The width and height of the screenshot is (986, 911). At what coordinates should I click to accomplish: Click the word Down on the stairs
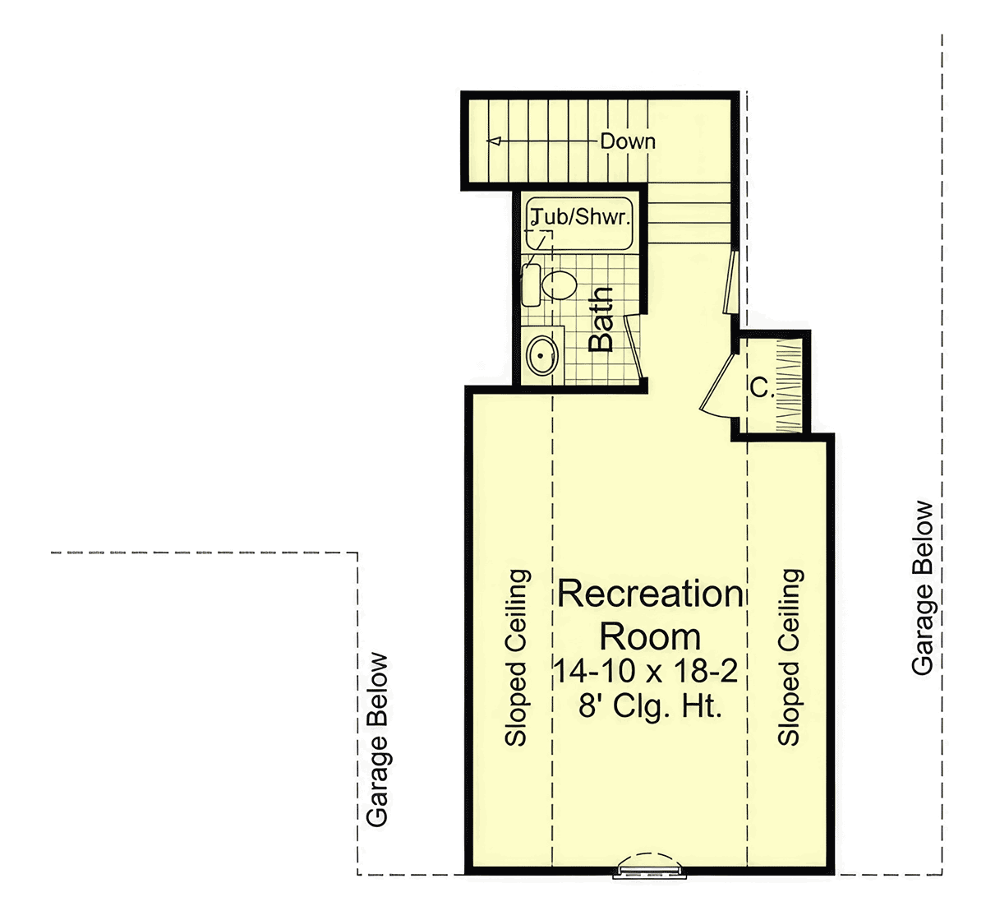coord(628,141)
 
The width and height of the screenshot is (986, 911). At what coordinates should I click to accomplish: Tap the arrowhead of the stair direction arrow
coord(494,141)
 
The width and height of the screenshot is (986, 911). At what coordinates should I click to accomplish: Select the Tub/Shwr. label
coord(580,217)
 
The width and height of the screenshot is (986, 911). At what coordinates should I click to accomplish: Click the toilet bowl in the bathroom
coord(559,284)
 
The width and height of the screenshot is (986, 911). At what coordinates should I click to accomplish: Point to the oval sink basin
coord(542,355)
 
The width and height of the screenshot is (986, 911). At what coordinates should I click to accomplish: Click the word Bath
coord(601,320)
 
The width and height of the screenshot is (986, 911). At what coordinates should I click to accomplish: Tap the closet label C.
coord(761,388)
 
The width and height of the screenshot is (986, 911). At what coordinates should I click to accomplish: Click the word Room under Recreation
coord(650,636)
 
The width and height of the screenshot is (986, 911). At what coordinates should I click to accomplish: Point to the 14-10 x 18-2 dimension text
coord(645,671)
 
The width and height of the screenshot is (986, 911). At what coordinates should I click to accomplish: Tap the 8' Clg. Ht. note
coord(649,705)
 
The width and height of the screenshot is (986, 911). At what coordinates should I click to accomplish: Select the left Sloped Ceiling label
coord(516,658)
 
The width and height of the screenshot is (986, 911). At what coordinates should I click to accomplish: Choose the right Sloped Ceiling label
coord(790,658)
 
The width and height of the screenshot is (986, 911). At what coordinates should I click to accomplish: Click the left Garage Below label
coord(377,740)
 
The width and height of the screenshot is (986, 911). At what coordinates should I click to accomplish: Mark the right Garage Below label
coord(923,588)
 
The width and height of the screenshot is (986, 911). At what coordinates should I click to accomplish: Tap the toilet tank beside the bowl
coord(531,285)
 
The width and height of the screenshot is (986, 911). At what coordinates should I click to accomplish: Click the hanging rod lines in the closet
coord(789,386)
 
